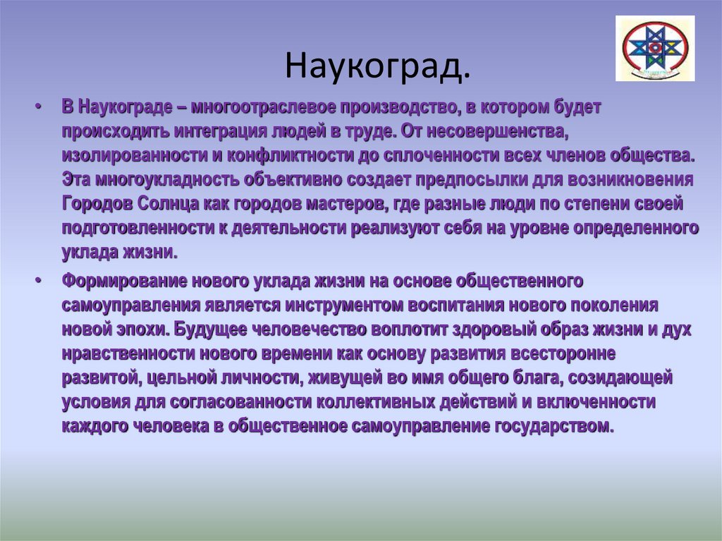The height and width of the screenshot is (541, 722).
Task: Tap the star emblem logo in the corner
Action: coord(654,49)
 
